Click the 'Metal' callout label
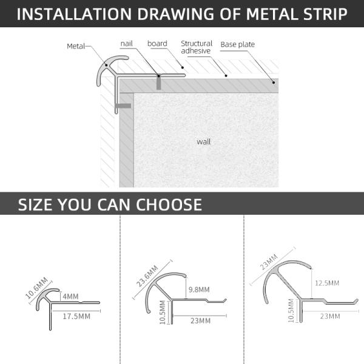[x=76, y=46]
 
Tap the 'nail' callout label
[x=127, y=44]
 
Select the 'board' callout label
[x=157, y=44]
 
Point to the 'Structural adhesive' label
[x=197, y=47]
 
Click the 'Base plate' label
[x=237, y=44]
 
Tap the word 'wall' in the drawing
[x=204, y=141]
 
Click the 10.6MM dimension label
[x=36, y=288]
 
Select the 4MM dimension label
[x=70, y=297]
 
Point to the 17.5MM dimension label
[x=76, y=316]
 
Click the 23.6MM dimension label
[x=147, y=276]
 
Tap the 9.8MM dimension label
[x=199, y=289]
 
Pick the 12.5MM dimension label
[x=327, y=283]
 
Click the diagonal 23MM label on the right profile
[x=269, y=262]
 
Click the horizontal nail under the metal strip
[x=123, y=106]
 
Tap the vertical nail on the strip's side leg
[x=159, y=83]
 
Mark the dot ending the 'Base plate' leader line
[x=274, y=83]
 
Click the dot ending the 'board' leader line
[x=183, y=67]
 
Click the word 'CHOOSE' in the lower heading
[x=169, y=205]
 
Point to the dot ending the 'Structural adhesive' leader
[x=226, y=76]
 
